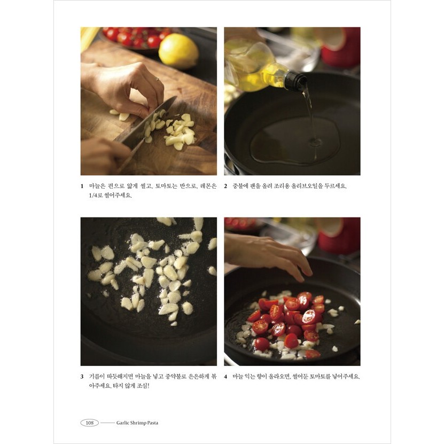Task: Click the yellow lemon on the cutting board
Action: point(178,51)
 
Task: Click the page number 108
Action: point(90,423)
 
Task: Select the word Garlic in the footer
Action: point(122,423)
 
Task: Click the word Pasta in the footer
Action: point(153,423)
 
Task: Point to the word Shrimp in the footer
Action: point(138,423)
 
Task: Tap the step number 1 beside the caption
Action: point(82,186)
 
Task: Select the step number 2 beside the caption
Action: point(225,186)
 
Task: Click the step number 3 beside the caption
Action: point(82,377)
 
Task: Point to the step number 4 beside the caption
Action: point(225,377)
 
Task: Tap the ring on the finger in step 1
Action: point(157,79)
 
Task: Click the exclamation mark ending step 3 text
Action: point(148,386)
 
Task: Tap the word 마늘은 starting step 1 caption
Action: point(97,186)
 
